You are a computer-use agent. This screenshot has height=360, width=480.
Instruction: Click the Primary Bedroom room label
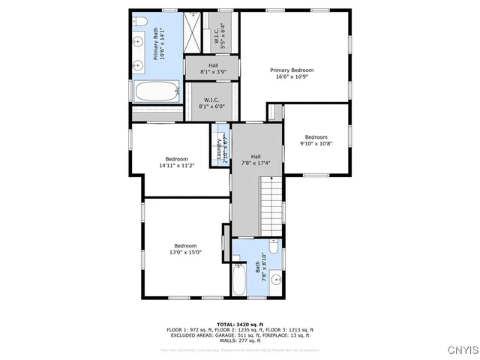point(292,70)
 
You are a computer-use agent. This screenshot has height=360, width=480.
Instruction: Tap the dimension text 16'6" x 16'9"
point(292,76)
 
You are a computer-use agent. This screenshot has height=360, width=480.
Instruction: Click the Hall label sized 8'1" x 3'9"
point(213,66)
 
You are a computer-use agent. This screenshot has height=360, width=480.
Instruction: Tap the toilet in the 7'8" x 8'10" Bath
point(274,247)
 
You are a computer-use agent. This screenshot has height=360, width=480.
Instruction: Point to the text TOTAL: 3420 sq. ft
point(239,324)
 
